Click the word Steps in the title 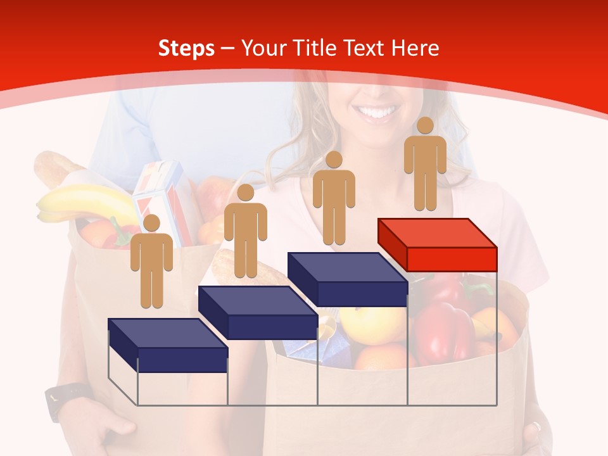tap(186, 48)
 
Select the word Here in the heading tap(415, 48)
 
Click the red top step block tap(437, 244)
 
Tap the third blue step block tap(347, 279)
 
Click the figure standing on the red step tap(425, 165)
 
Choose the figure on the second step tap(245, 231)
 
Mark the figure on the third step tap(334, 198)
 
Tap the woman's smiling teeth tap(378, 113)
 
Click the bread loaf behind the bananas tap(54, 170)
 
